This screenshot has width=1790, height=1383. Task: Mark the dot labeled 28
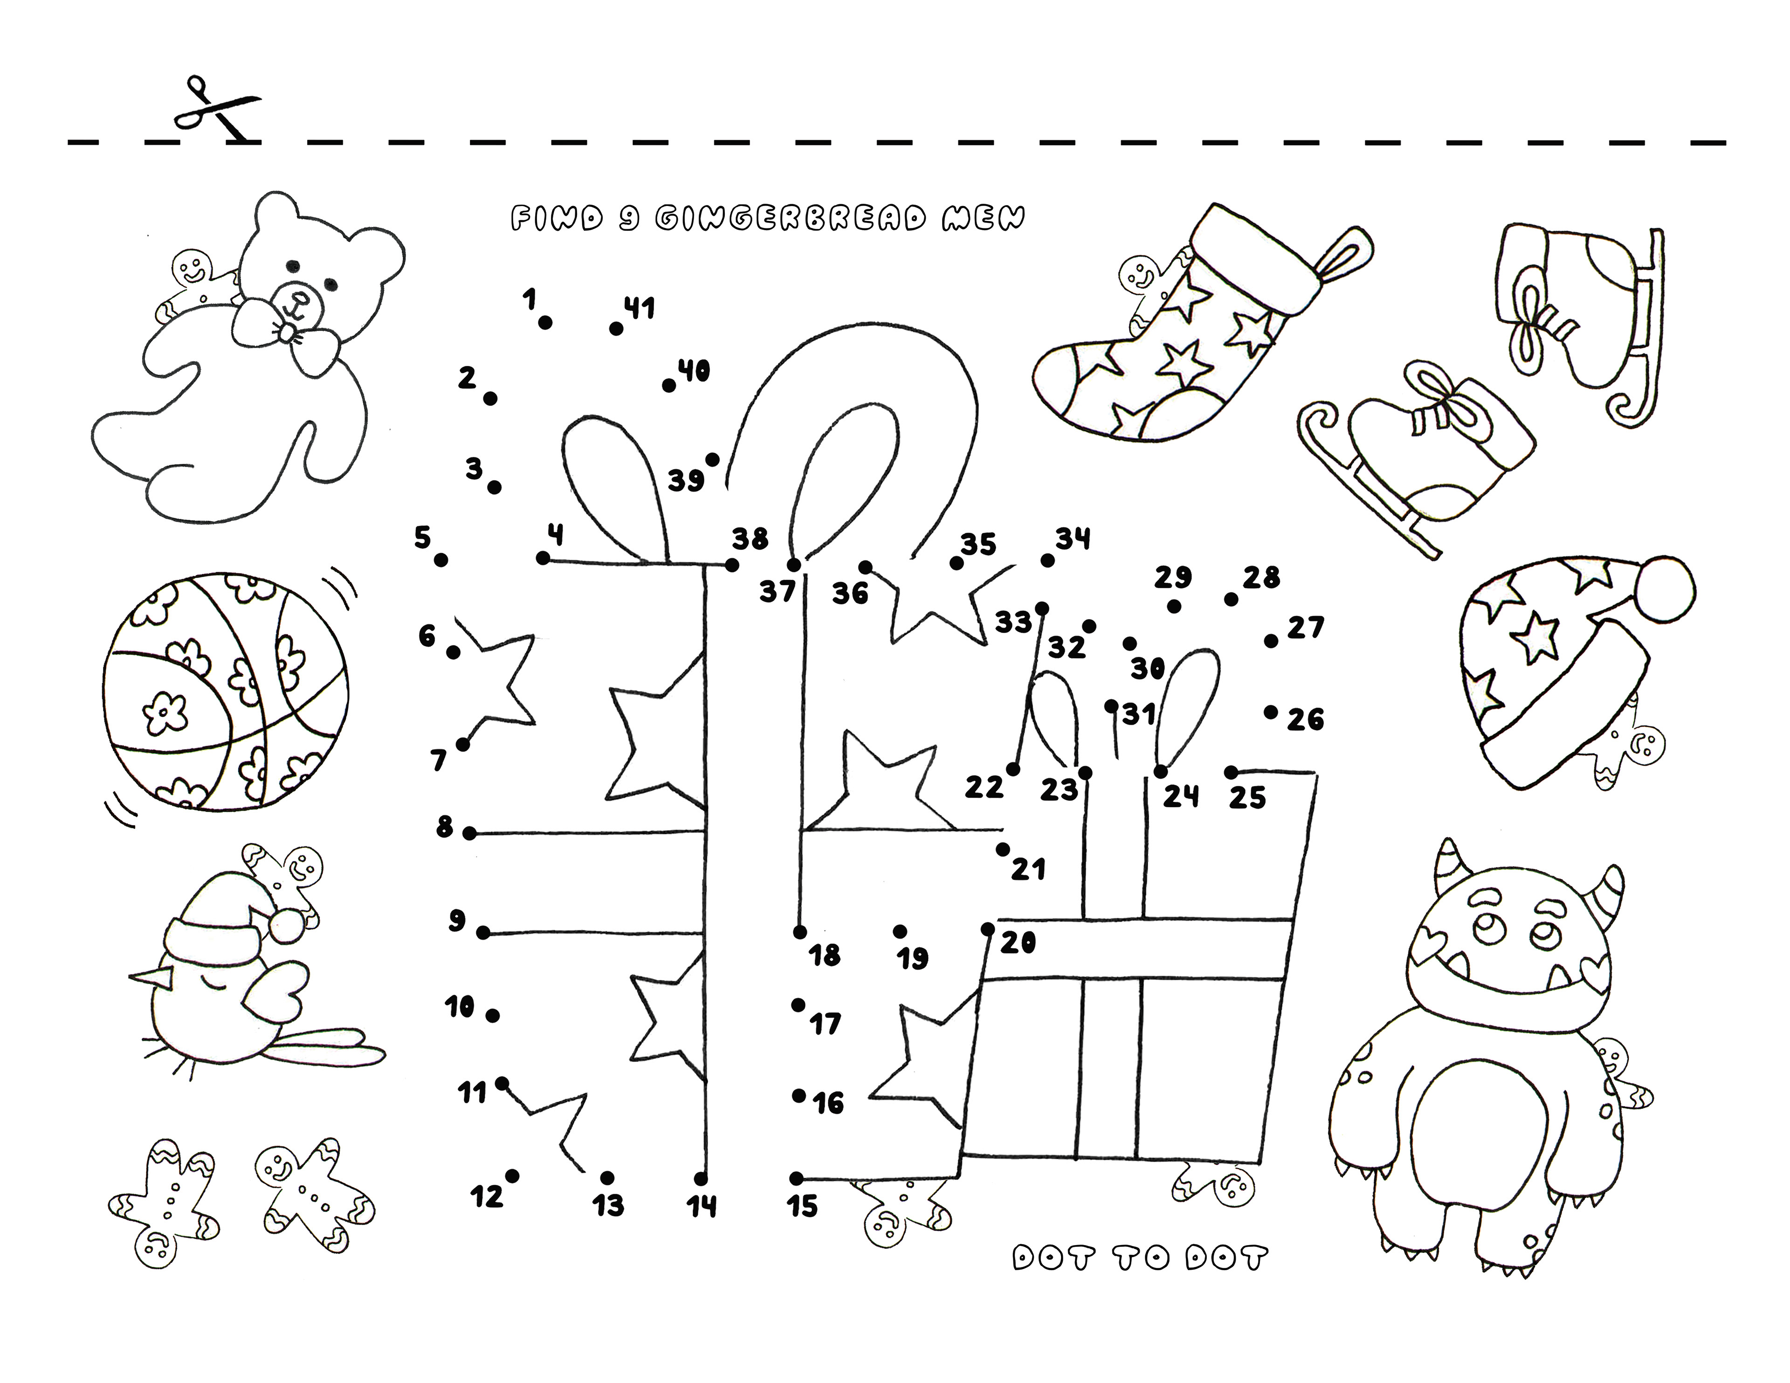1231,599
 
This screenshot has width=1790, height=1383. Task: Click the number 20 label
1019,943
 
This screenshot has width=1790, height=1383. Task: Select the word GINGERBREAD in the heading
792,219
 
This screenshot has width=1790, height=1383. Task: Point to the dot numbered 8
469,834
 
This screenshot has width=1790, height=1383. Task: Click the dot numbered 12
512,1177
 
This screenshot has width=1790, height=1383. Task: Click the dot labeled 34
1047,561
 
